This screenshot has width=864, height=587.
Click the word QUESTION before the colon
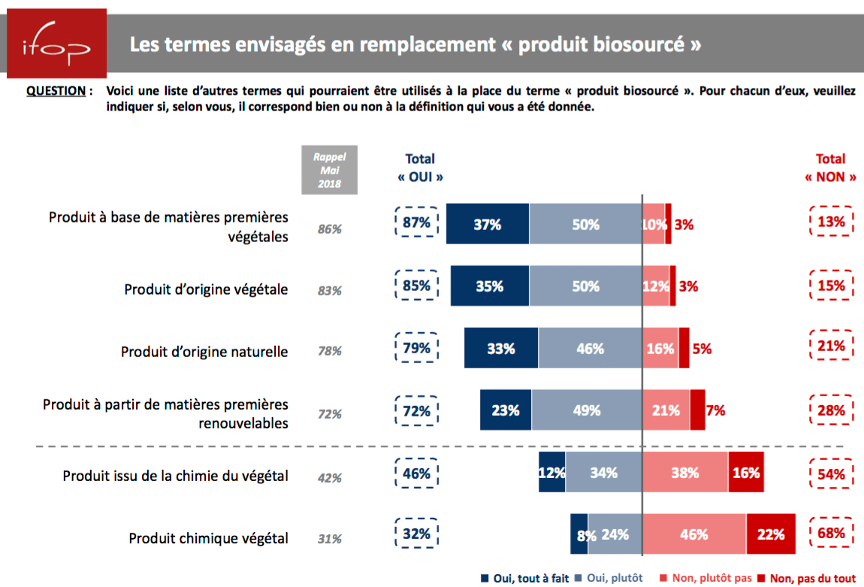tap(56, 91)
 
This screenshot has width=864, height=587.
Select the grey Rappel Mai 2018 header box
tap(330, 171)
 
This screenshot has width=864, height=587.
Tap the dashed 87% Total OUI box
tap(416, 222)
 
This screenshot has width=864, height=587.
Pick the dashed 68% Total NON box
tap(832, 534)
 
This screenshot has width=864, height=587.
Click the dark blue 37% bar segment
tap(488, 224)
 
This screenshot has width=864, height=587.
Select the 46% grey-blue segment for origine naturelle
tap(590, 348)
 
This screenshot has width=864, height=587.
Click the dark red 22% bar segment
tap(771, 534)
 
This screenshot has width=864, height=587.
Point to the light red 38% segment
tap(684, 473)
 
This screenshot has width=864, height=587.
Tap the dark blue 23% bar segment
tap(506, 410)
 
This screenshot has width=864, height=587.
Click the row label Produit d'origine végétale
tap(206, 289)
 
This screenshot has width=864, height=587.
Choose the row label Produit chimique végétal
tap(208, 538)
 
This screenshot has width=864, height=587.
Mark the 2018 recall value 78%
tap(329, 351)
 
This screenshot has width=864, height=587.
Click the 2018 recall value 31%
tap(329, 539)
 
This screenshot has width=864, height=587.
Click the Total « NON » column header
tap(830, 168)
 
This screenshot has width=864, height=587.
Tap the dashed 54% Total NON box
tap(832, 474)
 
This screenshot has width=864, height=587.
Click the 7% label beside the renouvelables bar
tap(715, 410)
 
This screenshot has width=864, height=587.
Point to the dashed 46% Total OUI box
tap(416, 474)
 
